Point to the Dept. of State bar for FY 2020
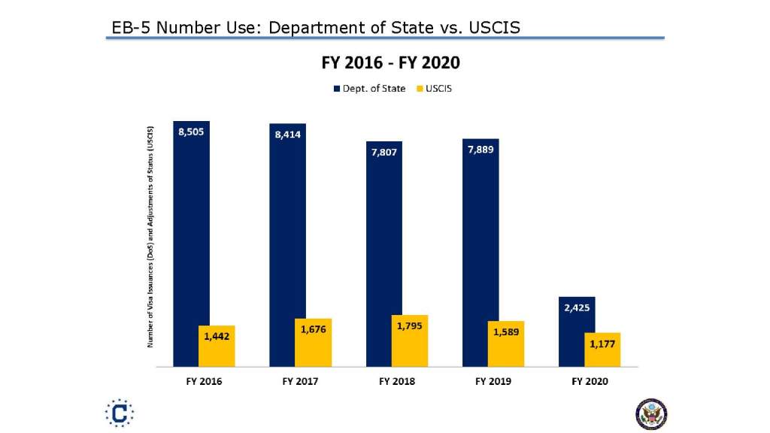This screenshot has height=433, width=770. point(577,331)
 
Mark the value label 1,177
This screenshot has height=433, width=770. point(602,344)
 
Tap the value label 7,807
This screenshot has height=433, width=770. point(383,153)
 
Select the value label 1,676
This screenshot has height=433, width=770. point(313,329)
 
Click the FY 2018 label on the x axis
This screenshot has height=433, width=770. point(396,382)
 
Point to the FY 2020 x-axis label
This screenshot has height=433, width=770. point(590,382)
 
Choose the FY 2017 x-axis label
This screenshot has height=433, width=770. point(300,382)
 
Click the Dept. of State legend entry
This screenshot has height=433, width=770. point(369,89)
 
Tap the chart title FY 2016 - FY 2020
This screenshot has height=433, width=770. point(390,62)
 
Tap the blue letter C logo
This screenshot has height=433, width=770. point(120,413)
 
